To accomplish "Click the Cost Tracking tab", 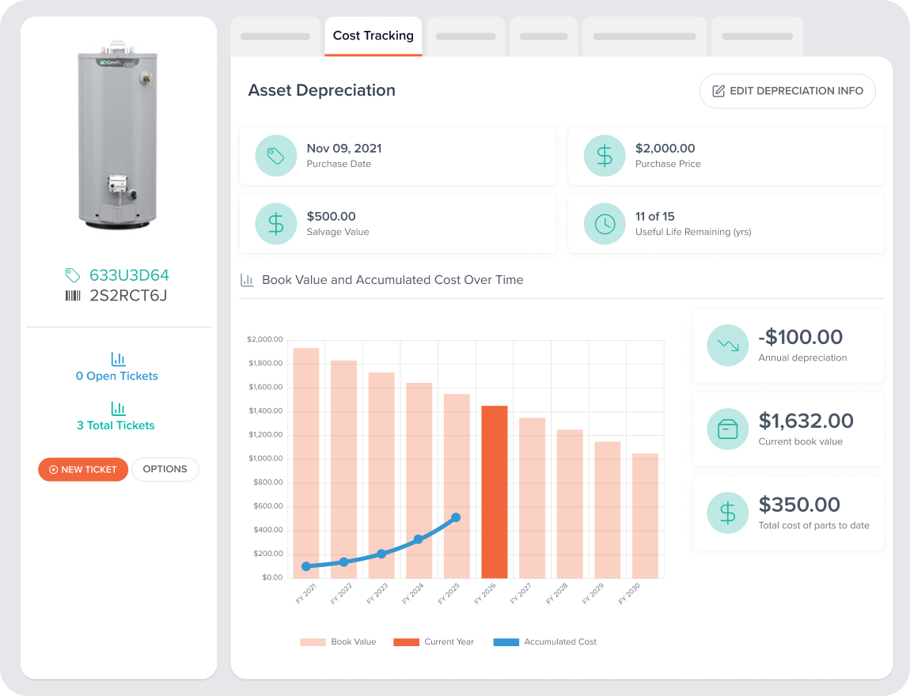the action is click(373, 36).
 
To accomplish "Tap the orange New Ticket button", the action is click(83, 469).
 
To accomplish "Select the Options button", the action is click(165, 469).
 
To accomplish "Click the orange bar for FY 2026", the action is click(495, 492).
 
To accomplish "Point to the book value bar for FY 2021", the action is click(306, 463).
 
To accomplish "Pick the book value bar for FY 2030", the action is click(646, 516).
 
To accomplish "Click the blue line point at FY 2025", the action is click(456, 517).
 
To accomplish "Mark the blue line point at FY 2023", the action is click(381, 554).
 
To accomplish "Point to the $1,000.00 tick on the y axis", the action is click(266, 458).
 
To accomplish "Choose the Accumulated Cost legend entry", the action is click(545, 642).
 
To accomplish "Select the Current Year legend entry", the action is click(434, 642).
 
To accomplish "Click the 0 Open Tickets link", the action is click(116, 376).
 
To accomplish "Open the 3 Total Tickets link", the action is click(116, 426).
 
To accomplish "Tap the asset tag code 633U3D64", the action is click(129, 275).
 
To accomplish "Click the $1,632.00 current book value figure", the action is click(806, 421).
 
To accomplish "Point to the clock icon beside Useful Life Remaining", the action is click(605, 224).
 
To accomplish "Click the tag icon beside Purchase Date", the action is click(276, 156).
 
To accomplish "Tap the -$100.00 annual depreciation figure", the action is click(800, 337).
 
